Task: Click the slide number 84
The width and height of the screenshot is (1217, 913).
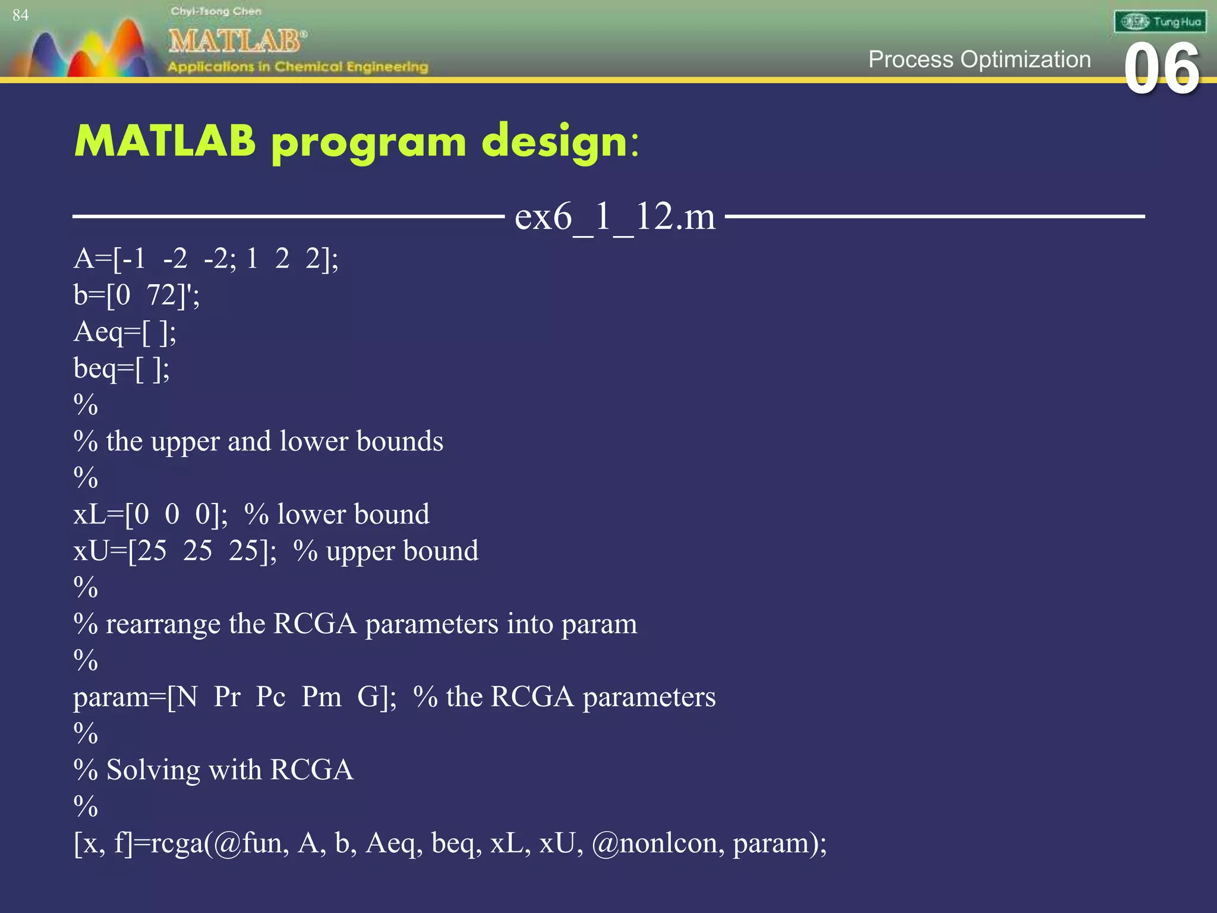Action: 20,15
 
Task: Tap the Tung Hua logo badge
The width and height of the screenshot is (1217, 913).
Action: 1160,22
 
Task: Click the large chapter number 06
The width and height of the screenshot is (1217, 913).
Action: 1162,70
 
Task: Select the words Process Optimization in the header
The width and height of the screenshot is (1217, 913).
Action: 979,59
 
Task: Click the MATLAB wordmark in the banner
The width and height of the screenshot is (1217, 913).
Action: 237,41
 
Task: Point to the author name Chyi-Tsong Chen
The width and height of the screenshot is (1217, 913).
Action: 216,11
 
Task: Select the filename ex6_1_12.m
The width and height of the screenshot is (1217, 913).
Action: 614,216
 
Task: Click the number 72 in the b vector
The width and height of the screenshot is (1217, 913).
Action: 162,295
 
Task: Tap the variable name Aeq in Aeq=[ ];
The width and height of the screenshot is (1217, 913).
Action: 97,332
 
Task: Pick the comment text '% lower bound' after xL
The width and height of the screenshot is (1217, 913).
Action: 337,514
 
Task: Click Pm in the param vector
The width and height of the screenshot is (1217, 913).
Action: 321,697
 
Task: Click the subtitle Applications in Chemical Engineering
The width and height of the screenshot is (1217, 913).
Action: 298,67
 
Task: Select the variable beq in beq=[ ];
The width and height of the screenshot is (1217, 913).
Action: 95,369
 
